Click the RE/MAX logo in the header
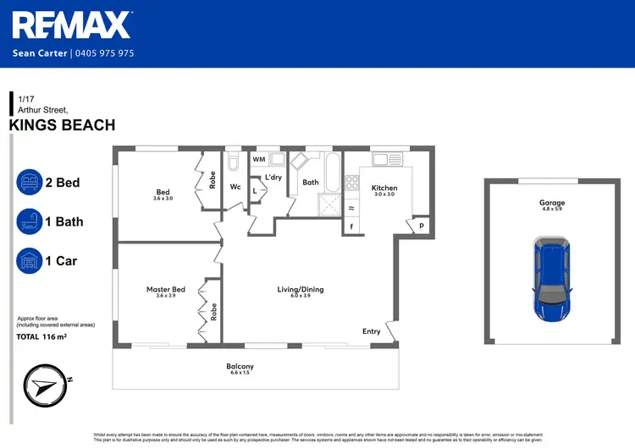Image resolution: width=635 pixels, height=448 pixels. (x=72, y=25)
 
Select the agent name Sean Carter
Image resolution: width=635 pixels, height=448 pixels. (x=41, y=53)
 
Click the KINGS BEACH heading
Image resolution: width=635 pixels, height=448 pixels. (x=62, y=125)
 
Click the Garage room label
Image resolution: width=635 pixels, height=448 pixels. (x=552, y=203)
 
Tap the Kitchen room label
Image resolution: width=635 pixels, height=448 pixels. (x=384, y=188)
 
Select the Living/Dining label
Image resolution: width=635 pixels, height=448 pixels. (x=301, y=290)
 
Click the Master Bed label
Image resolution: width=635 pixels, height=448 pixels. (x=165, y=290)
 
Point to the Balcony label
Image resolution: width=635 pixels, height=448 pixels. (x=240, y=366)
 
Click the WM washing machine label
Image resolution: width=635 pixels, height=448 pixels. (x=259, y=159)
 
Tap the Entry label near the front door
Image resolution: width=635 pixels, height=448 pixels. (x=372, y=331)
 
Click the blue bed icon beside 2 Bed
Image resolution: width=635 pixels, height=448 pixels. (x=30, y=183)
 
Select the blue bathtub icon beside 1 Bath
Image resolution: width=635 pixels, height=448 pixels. (x=30, y=221)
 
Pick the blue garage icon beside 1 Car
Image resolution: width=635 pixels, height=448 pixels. (x=30, y=260)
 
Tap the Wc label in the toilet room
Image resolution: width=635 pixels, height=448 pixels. (x=235, y=187)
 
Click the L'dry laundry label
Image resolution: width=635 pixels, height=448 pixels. (x=273, y=177)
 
